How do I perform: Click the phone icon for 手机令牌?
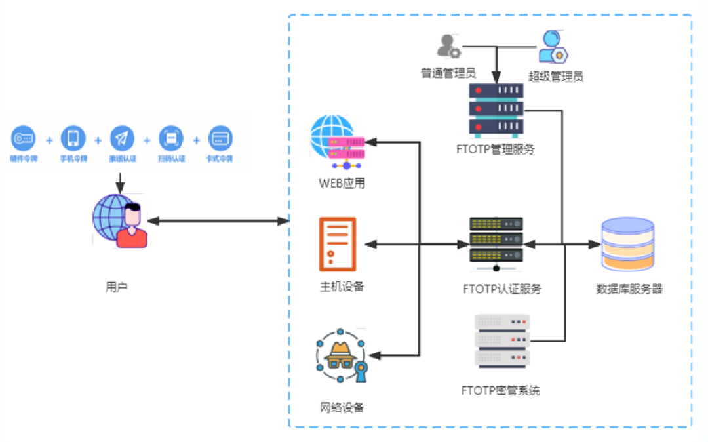tap(73, 138)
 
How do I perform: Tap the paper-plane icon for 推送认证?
tap(122, 138)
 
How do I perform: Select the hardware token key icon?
tap(24, 138)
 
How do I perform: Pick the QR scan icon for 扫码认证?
tap(171, 138)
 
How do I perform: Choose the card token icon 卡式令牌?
tap(220, 138)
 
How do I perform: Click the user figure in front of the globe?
tap(132, 226)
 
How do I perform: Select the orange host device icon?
tap(338, 244)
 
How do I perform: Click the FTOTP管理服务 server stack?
tap(496, 109)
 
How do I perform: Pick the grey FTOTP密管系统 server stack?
tap(501, 340)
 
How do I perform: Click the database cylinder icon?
tap(627, 244)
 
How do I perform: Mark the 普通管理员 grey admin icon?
tap(448, 46)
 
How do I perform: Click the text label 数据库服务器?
tap(629, 289)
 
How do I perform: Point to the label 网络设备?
tap(342, 408)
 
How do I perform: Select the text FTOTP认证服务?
tap(502, 289)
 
